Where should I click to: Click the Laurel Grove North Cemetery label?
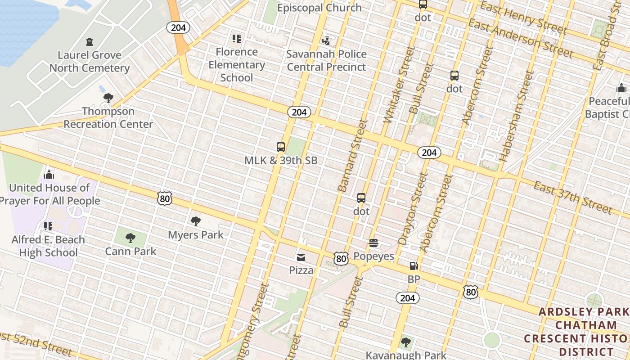pos(90,62)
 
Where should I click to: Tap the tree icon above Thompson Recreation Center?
pos(108,98)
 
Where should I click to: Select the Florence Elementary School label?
pos(237,65)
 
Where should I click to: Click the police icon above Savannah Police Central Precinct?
pos(326,40)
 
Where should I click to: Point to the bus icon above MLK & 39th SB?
pos(281,147)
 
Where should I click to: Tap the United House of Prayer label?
pos(49,194)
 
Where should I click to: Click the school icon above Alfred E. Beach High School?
pos(48,226)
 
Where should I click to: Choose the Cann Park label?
pos(130,251)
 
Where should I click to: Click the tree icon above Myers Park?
pos(195,221)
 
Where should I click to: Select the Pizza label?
pos(301,270)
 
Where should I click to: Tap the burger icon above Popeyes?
pos(373,243)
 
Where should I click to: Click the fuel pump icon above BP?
pos(414,266)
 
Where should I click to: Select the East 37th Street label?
pos(572,197)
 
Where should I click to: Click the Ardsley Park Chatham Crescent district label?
pos(583,331)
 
